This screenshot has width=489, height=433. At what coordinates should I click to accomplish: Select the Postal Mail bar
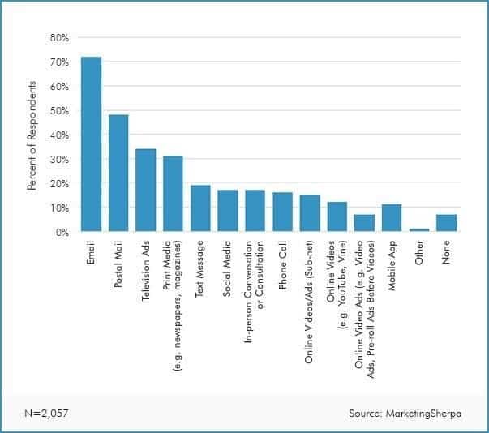118,174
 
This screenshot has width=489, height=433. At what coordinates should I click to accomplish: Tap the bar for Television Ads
146,191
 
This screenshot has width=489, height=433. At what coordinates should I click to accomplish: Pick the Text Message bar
200,208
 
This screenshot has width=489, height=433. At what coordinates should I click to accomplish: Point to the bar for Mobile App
392,218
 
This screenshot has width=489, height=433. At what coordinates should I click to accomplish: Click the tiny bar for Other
419,230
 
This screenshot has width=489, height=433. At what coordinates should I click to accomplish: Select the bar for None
447,223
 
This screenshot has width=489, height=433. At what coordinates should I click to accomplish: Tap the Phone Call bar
282,212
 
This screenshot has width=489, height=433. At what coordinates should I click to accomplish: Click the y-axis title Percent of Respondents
32,135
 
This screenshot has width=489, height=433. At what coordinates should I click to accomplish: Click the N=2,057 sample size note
45,413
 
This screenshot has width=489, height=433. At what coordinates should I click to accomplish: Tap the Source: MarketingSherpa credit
405,413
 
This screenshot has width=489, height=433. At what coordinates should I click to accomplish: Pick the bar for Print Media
173,195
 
